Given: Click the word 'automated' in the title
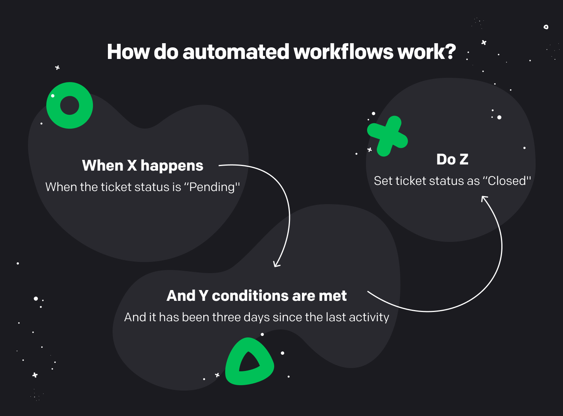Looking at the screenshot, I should [236, 52].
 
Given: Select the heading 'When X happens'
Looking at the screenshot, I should [142, 166].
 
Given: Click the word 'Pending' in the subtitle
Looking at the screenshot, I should [212, 187].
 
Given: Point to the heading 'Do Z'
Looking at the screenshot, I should [452, 159].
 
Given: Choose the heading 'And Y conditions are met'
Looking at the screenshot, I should [256, 296].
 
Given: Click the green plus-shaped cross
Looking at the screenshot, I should [387, 136].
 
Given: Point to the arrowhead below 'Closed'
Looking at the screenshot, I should [484, 198].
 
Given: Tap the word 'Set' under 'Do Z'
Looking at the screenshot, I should [383, 181].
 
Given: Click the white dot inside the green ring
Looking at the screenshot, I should [53, 96].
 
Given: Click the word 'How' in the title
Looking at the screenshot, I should [128, 52].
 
